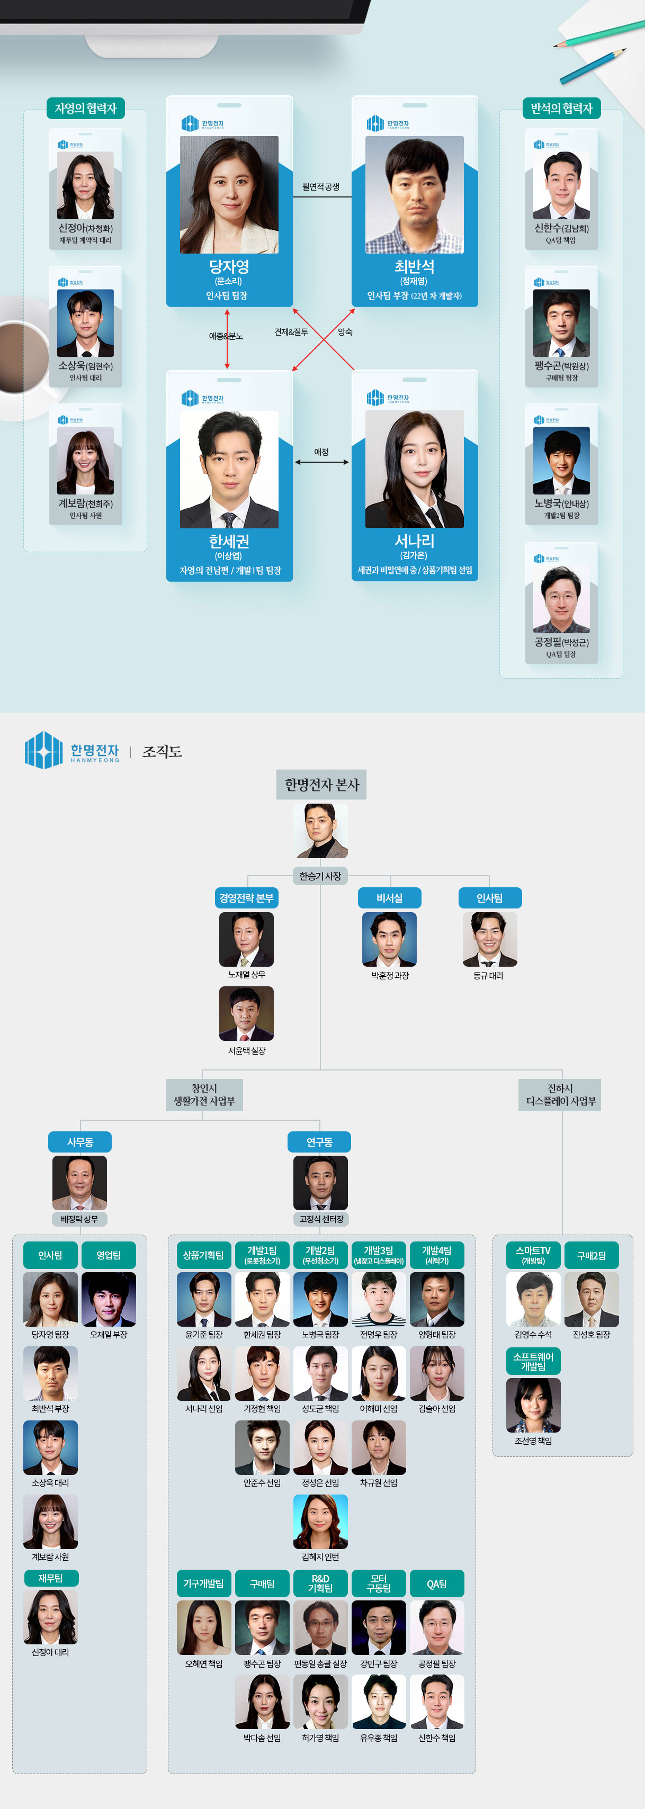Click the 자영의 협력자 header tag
coord(85,108)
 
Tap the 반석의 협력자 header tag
coord(561,108)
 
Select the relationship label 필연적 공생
coord(320,187)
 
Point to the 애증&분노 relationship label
coord(226,336)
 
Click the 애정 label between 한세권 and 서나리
coord(321,452)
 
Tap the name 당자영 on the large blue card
coord(229,267)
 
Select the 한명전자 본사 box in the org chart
coord(321,785)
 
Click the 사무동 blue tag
coord(79,1142)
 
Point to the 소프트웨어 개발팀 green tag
coord(533,1361)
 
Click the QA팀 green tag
coord(436,1583)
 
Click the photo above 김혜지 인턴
coord(320,1521)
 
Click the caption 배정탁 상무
coord(79,1219)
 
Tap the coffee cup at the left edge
coord(21,355)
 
